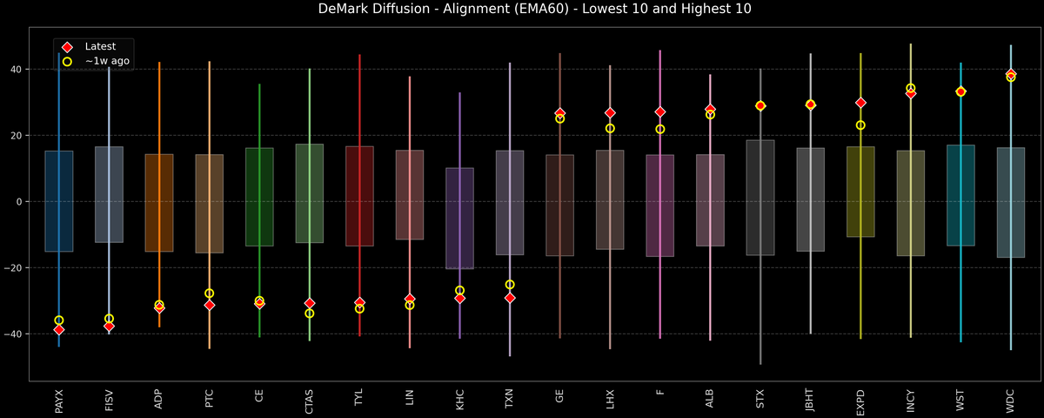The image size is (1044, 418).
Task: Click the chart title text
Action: pyautogui.click(x=522, y=10)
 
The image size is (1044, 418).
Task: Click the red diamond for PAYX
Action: pyautogui.click(x=59, y=330)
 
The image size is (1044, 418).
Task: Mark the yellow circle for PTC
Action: pyautogui.click(x=210, y=293)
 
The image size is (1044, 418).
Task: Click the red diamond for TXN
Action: pyautogui.click(x=510, y=298)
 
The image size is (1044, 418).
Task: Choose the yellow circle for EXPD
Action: pyautogui.click(x=860, y=125)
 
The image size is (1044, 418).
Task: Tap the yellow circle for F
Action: pyautogui.click(x=660, y=129)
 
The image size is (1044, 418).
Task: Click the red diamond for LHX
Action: pyautogui.click(x=610, y=113)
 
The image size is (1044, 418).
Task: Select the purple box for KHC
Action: pyautogui.click(x=460, y=218)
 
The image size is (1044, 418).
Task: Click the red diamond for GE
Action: pyautogui.click(x=560, y=113)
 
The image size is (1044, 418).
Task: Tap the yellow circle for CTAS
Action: pyautogui.click(x=310, y=313)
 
